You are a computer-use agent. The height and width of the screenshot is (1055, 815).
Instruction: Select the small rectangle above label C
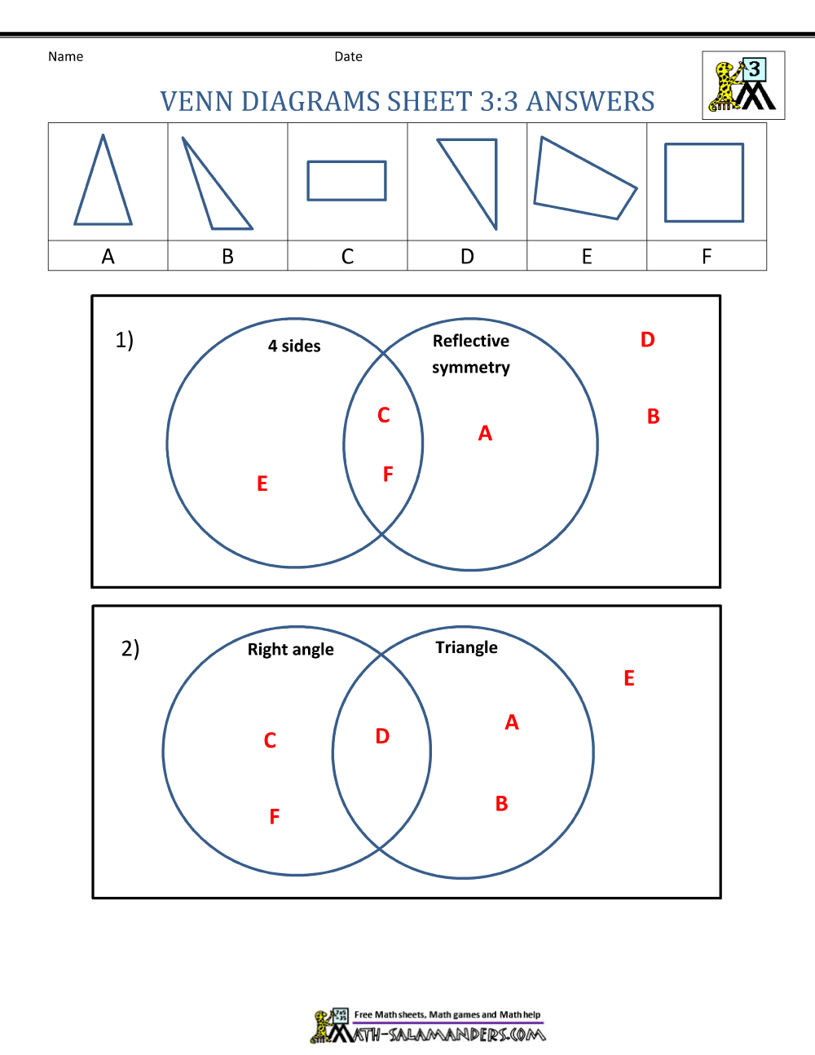click(346, 181)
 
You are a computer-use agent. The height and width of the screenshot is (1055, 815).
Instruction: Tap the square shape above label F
click(704, 183)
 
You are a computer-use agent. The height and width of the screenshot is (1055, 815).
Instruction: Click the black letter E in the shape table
click(587, 257)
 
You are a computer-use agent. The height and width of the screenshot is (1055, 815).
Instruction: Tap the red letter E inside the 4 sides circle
click(262, 483)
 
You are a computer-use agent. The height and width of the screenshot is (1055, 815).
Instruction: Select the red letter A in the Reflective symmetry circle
click(485, 434)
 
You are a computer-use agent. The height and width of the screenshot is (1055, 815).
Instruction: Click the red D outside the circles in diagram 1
click(648, 340)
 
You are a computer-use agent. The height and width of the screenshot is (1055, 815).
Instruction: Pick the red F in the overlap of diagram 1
click(388, 474)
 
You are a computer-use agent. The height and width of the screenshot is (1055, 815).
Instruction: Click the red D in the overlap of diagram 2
click(382, 736)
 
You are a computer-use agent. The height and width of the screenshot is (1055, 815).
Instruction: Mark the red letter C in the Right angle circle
click(271, 740)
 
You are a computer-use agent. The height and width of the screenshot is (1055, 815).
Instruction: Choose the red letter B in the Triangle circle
click(502, 804)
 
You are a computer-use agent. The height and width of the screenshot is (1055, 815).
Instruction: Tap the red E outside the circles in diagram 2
click(629, 678)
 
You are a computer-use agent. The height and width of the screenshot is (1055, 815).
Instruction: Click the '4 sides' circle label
click(294, 346)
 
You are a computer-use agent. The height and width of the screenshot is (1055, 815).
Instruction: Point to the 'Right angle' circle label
click(291, 649)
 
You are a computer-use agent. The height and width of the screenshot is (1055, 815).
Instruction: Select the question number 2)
click(130, 648)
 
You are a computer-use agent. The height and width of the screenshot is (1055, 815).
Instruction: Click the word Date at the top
click(348, 56)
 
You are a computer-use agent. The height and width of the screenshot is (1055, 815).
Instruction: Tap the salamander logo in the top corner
click(743, 86)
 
